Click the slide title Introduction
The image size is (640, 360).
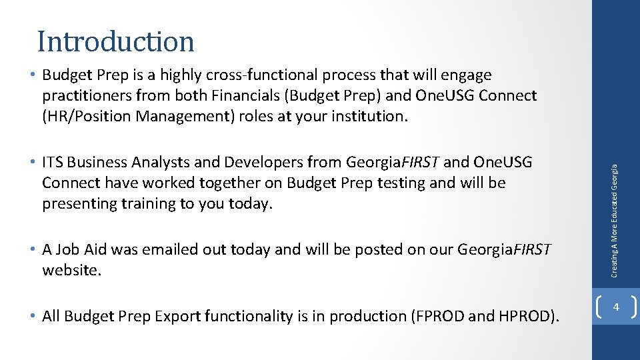(x=115, y=41)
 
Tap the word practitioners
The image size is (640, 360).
(x=85, y=95)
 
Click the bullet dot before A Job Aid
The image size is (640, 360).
(x=33, y=249)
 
